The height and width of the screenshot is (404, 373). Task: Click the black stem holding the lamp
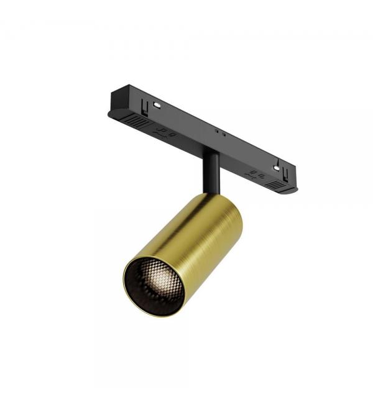[210, 173]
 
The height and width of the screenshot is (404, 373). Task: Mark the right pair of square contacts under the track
[255, 175]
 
